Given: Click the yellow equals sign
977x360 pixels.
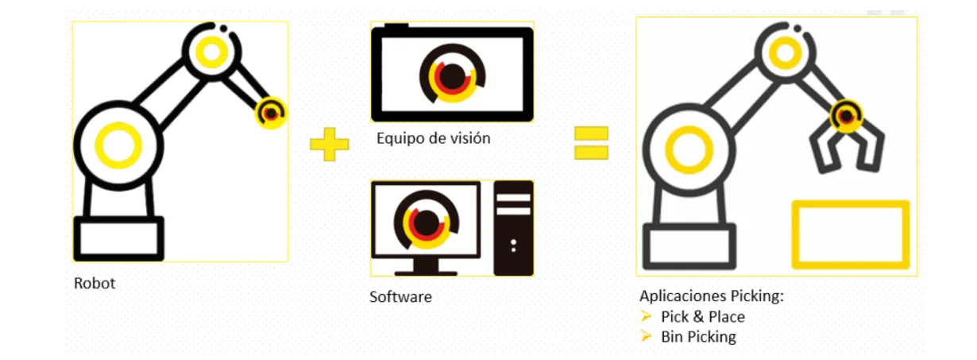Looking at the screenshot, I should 592,144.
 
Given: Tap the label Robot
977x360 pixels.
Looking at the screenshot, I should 95,283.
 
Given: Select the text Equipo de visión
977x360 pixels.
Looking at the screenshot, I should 433,138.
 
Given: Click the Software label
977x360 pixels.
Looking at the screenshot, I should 400,297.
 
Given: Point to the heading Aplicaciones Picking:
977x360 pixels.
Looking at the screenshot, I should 711,296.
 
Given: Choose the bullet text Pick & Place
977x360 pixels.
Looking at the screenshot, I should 702,316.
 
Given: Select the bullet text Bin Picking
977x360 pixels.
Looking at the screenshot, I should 698,336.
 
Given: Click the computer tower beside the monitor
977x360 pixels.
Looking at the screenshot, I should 513,228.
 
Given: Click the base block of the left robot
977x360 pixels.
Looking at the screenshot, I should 118,238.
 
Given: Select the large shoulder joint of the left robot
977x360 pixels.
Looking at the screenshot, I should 119,144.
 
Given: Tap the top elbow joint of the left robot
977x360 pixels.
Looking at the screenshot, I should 211,51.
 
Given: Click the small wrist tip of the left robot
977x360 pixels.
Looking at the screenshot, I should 271,113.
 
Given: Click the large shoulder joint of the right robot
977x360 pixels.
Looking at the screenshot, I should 688,148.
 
